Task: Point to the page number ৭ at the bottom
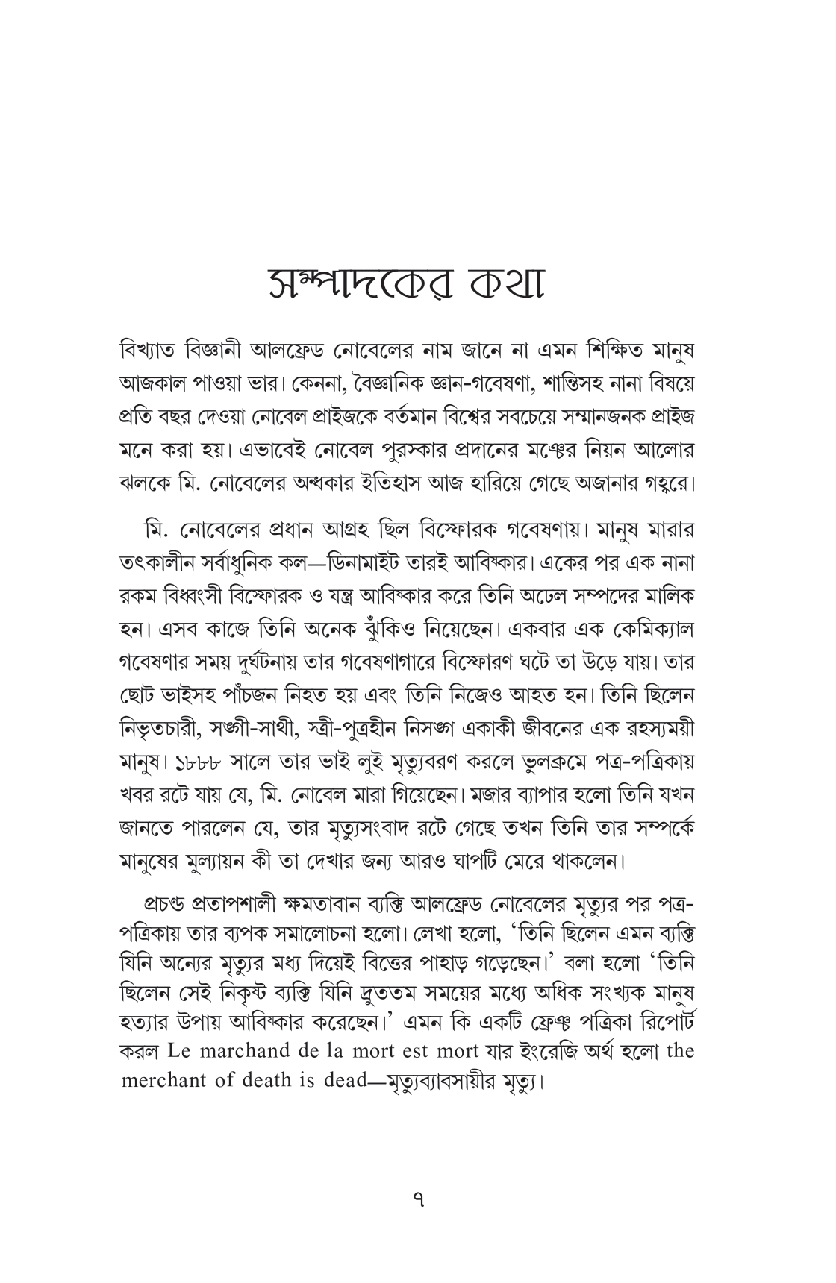[418, 1199]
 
